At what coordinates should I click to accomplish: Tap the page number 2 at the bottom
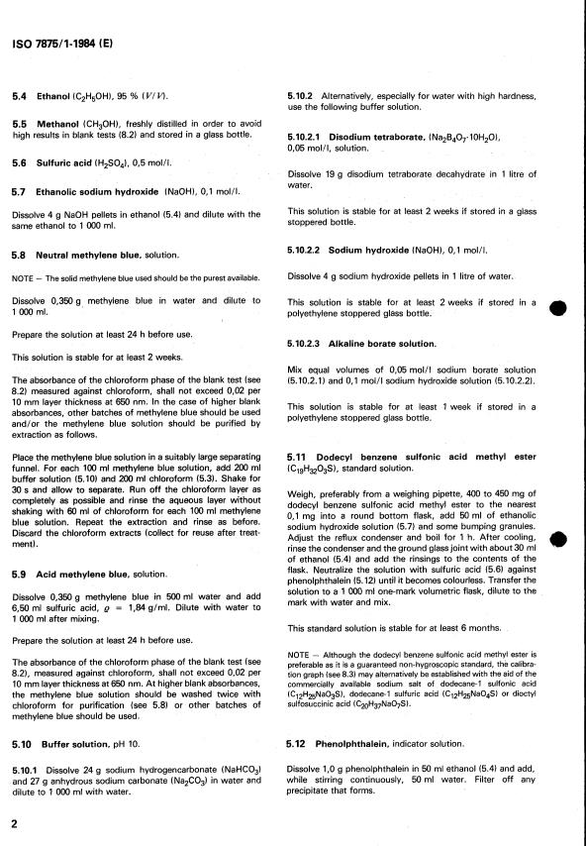pyautogui.click(x=14, y=824)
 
